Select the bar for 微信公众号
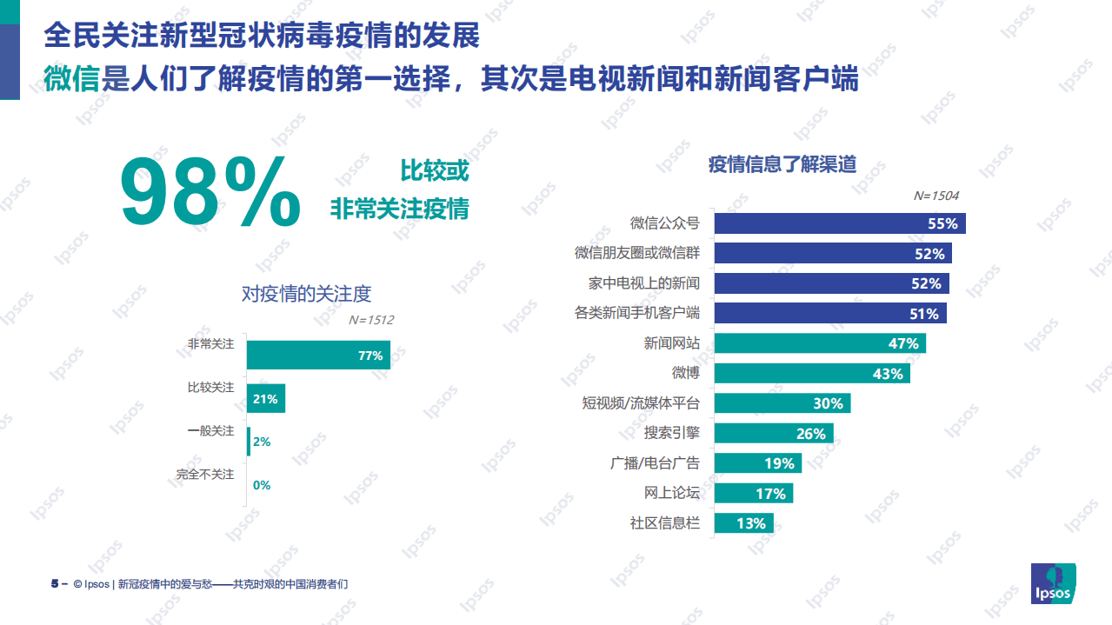(x=839, y=223)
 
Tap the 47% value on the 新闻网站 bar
(x=902, y=343)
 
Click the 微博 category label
(x=685, y=373)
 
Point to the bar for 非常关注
(x=317, y=355)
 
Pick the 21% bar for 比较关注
(x=265, y=399)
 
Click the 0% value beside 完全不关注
(x=262, y=485)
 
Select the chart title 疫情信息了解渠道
(x=782, y=163)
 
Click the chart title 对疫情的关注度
(x=306, y=294)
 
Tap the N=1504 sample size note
(x=936, y=196)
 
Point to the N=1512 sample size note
(x=370, y=320)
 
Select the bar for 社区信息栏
(x=743, y=523)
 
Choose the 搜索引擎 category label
(x=671, y=433)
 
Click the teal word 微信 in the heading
(x=71, y=79)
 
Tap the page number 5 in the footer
(x=54, y=584)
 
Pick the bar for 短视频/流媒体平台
(x=782, y=403)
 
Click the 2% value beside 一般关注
(x=262, y=442)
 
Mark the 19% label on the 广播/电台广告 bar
(x=779, y=463)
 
